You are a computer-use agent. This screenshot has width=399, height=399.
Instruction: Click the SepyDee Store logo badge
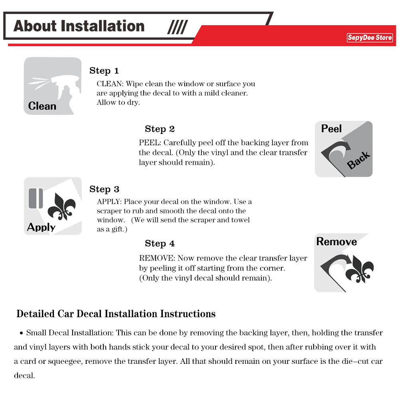point(370,38)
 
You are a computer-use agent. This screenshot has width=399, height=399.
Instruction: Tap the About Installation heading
point(79,26)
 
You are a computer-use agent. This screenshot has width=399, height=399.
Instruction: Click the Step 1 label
point(104,71)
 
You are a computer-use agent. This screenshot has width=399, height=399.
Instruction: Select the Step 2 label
point(160,129)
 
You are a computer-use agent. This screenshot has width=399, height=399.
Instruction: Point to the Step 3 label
point(104,189)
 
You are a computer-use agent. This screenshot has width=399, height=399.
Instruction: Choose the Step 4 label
point(160,244)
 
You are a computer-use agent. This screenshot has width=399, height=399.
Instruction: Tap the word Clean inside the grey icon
point(42,106)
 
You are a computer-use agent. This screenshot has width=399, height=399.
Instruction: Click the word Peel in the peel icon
point(332,128)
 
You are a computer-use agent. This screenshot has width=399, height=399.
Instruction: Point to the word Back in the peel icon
point(358,160)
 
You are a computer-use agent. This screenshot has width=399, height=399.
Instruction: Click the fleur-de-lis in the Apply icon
point(62,207)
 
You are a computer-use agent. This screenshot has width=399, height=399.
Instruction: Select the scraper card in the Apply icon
point(36,199)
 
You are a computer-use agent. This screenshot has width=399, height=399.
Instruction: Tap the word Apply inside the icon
point(41,227)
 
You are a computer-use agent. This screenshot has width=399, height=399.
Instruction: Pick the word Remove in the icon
point(336,242)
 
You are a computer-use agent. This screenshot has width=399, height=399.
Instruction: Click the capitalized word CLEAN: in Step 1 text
point(110,84)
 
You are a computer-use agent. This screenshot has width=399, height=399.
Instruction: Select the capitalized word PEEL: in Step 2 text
point(150,143)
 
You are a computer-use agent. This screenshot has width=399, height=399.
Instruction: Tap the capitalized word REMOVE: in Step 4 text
point(157,259)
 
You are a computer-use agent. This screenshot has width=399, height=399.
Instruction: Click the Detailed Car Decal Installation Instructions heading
point(116,314)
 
